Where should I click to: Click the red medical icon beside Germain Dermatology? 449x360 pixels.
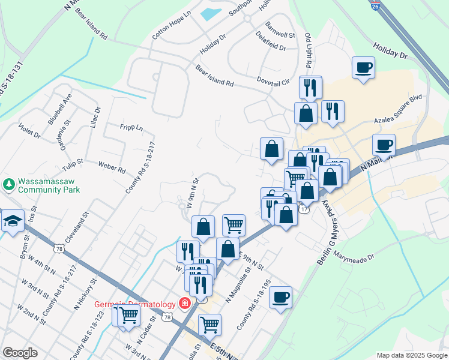click(184, 304)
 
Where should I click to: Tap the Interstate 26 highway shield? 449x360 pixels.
click(376, 5)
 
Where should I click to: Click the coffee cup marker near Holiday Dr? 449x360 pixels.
click(363, 68)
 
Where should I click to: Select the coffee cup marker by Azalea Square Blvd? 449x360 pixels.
click(384, 145)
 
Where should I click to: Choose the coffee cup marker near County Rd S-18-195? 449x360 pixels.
click(280, 296)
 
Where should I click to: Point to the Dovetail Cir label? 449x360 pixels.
click(273, 81)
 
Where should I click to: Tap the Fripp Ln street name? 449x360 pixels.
click(131, 127)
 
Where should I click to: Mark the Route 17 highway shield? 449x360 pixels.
click(305, 209)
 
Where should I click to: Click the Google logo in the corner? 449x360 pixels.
click(20, 353)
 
